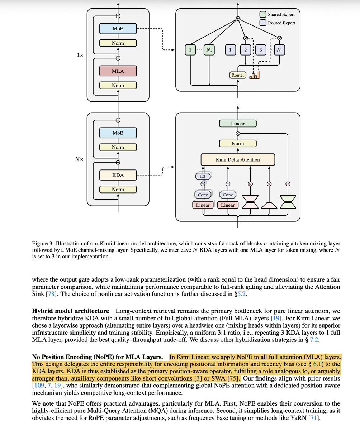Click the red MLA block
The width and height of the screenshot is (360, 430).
point(118,71)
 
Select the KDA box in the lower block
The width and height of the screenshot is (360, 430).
point(118,175)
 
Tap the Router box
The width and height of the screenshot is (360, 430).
point(238,75)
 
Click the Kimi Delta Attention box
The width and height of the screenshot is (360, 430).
point(238,159)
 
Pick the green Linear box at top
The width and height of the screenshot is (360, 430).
point(238,124)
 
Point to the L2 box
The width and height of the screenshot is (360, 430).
point(203,176)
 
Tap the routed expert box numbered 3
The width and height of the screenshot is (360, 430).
point(261,50)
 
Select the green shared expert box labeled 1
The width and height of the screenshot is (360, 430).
point(190,50)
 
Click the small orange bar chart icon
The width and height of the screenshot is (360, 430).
point(255,75)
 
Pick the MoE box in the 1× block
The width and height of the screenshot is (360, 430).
point(118,29)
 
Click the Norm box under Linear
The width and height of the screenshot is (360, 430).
point(238,143)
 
